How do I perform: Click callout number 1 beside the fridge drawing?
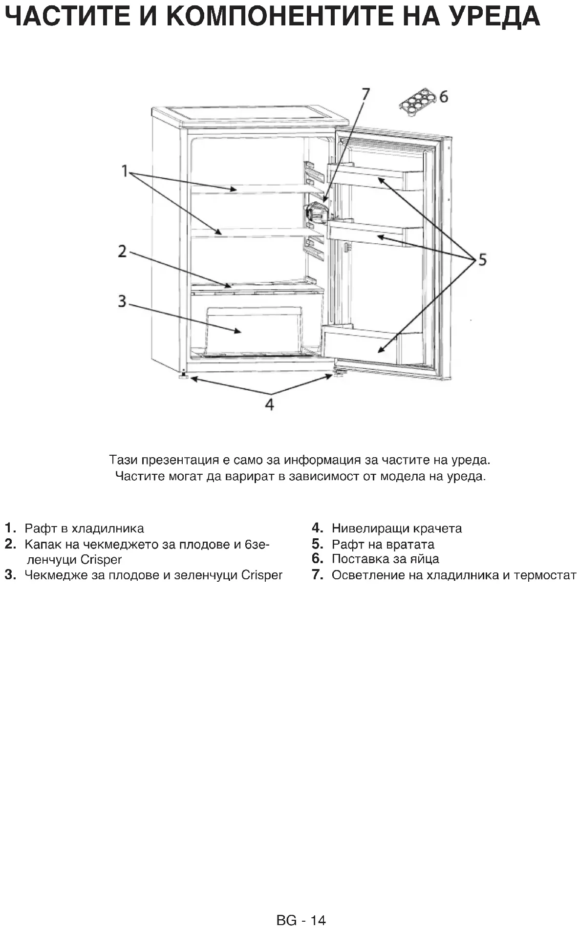point(125,171)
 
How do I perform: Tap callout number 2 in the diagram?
point(122,252)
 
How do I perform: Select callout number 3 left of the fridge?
point(122,301)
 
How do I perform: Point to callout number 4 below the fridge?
point(269,404)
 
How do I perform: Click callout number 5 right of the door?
point(482,259)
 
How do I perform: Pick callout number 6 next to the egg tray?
point(443,97)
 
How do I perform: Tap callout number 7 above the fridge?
point(365,93)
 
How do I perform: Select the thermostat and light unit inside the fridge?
point(316,213)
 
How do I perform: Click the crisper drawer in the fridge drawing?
point(254,330)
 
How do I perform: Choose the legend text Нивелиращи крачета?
point(396,528)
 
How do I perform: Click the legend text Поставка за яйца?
point(385,559)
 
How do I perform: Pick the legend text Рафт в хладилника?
point(84,528)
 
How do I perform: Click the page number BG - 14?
point(300,920)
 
